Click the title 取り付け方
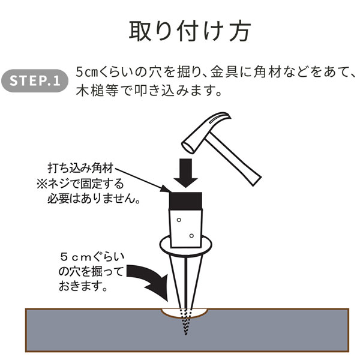coord(190,31)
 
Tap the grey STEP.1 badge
coord(35,81)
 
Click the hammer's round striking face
coord(188,148)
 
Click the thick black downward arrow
coord(185,173)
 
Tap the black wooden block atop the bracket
coord(185,201)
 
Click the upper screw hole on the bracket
coord(179,220)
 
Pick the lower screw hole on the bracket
coord(191,236)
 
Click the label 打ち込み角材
coord(80,168)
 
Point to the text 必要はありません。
coord(94,198)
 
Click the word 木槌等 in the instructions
coord(97,91)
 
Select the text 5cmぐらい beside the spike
coord(92,257)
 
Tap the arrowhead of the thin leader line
coord(166,189)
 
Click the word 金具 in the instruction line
coord(224,72)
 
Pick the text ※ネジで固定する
coord(80,184)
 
